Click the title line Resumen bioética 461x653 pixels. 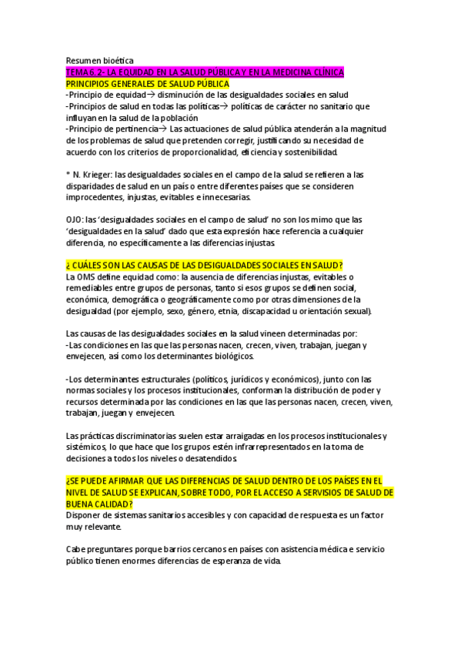[x=100, y=60]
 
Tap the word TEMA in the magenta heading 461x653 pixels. [x=79, y=72]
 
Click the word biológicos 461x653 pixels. [x=226, y=357]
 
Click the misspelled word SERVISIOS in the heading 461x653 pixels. [x=320, y=492]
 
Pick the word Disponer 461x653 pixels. [x=85, y=515]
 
